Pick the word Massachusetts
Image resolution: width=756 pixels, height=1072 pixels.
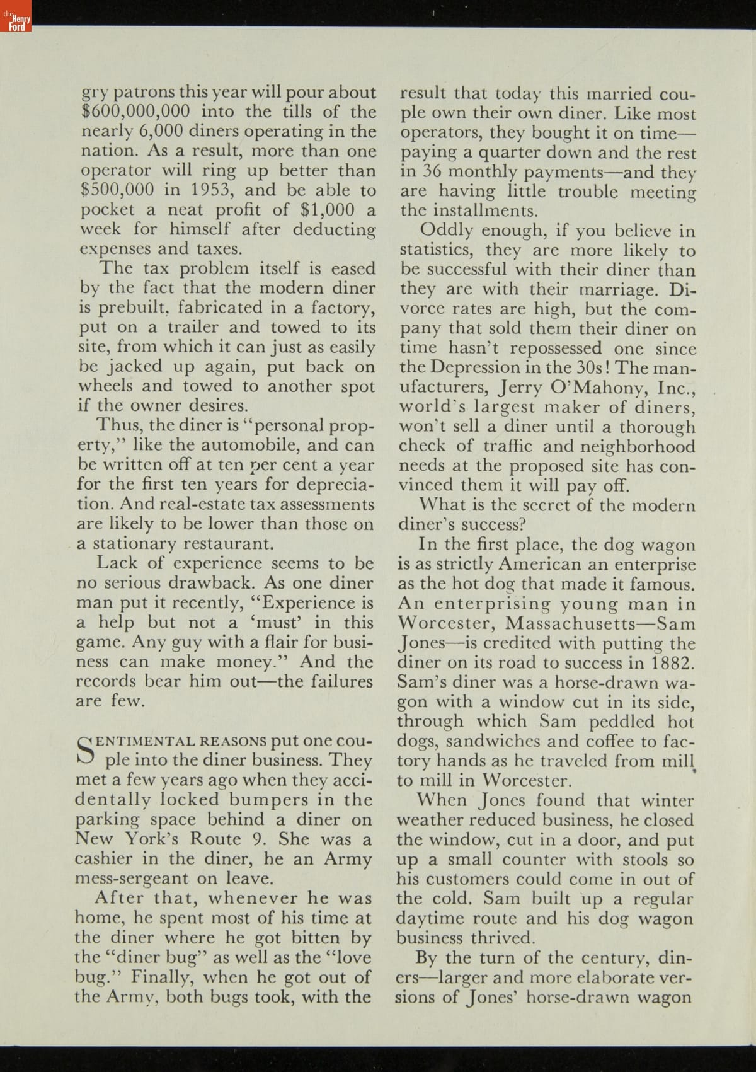(574, 624)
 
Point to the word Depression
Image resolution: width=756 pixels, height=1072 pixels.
(468, 367)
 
